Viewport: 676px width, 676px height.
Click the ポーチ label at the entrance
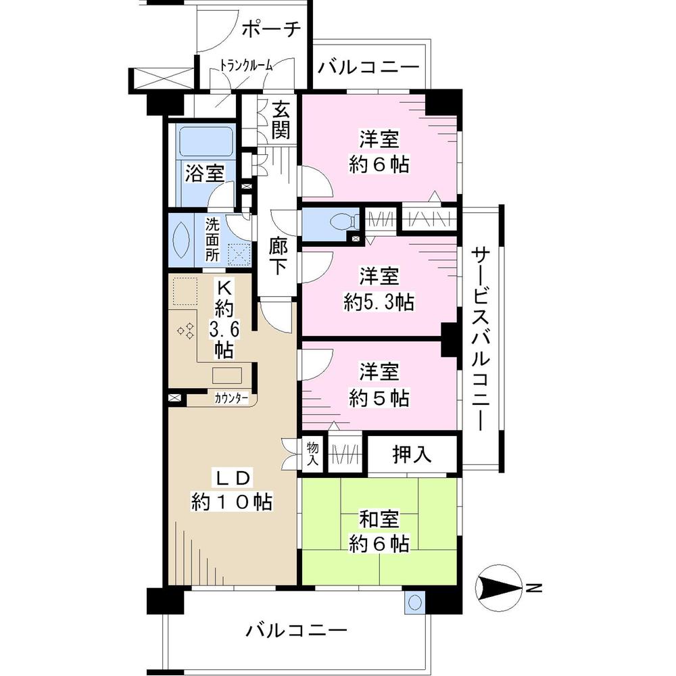click(x=270, y=30)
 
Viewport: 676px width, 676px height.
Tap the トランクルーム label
click(x=247, y=66)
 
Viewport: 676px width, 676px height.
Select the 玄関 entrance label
click(x=281, y=120)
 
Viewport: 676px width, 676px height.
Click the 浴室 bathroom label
click(x=205, y=174)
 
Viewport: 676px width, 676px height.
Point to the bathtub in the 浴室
click(x=206, y=143)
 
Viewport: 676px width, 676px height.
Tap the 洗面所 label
click(x=212, y=240)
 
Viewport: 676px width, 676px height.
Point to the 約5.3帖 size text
click(x=379, y=301)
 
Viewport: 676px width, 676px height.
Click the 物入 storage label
click(x=312, y=453)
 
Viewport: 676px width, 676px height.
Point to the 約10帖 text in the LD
click(x=232, y=502)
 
